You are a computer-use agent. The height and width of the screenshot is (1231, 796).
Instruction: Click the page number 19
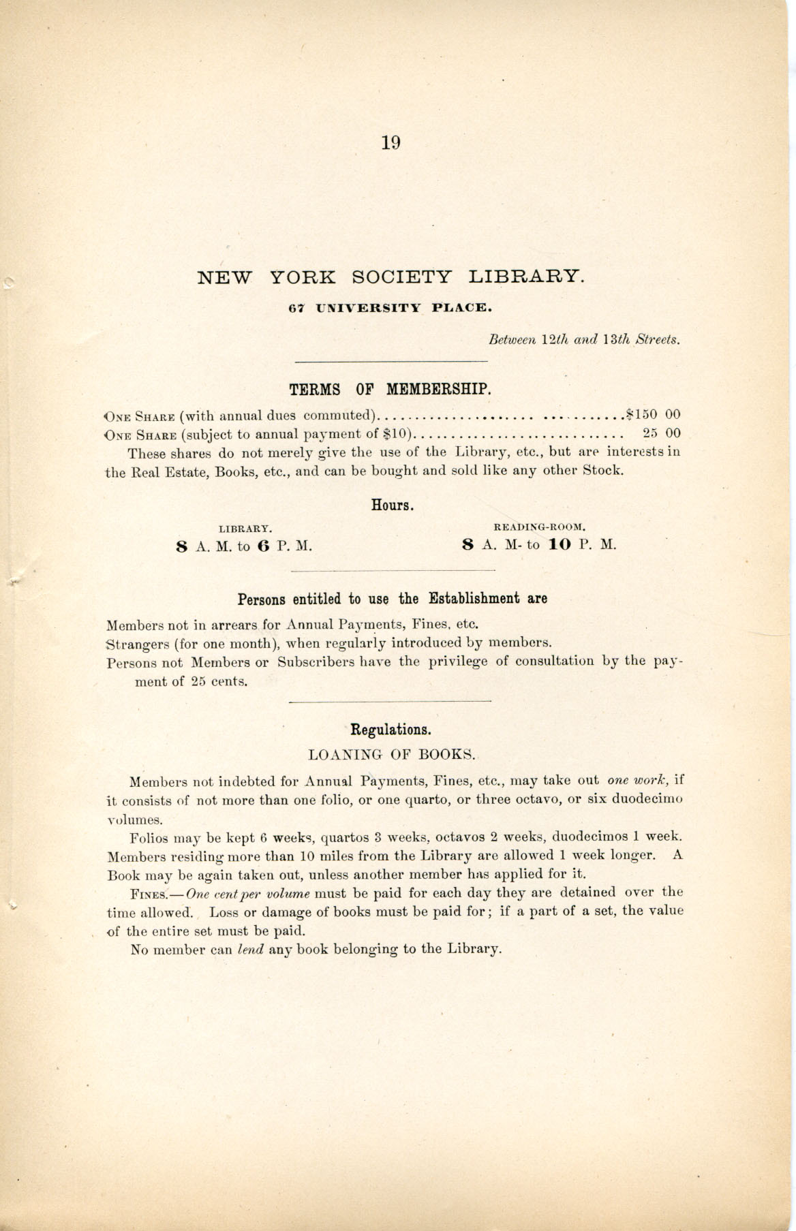pos(391,143)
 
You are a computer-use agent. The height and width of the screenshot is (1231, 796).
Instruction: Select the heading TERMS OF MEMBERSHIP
pos(390,390)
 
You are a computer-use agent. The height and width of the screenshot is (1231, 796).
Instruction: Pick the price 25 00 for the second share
pos(662,433)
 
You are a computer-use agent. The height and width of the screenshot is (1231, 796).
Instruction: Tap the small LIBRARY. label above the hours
pos(245,528)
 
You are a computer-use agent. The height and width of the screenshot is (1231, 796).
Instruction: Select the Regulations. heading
pos(391,730)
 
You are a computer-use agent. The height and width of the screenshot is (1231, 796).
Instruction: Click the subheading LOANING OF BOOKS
pos(391,755)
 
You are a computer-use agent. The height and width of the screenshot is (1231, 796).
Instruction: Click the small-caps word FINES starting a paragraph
pos(148,893)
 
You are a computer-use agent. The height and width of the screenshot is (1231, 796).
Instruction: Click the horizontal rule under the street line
pos(390,361)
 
